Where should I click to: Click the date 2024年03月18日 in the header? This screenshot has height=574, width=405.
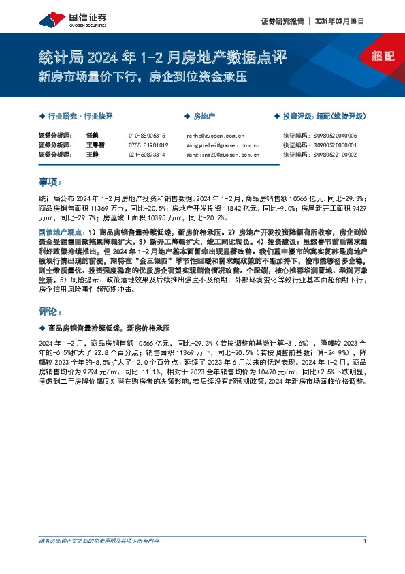click(340, 20)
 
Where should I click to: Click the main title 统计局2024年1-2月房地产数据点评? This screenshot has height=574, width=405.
click(163, 57)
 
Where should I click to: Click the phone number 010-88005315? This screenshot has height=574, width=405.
click(146, 136)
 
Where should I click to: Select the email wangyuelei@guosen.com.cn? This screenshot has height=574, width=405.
click(222, 145)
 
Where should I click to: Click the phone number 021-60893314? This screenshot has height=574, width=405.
click(146, 155)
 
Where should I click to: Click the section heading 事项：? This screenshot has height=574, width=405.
click(50, 183)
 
